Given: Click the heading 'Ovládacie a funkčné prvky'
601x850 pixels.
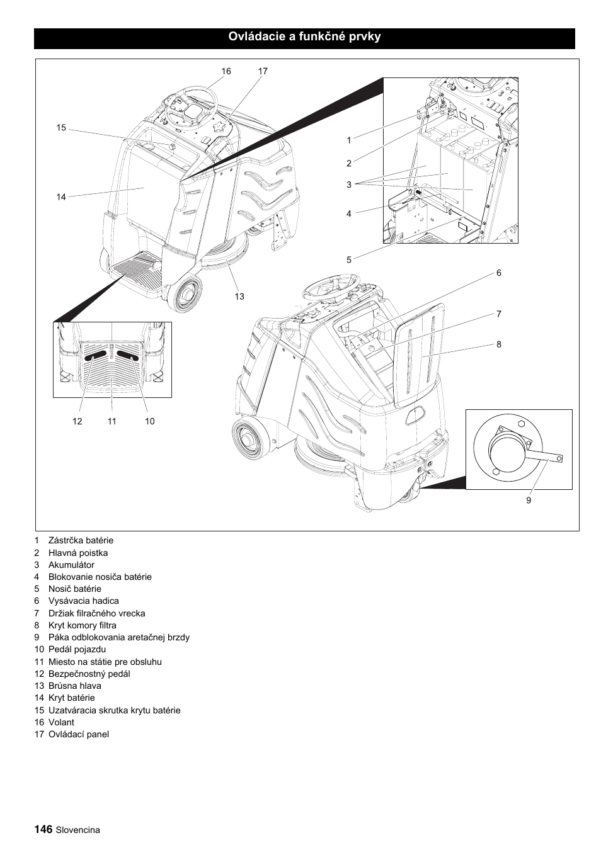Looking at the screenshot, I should click(x=304, y=37).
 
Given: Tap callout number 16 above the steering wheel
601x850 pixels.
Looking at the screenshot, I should click(x=226, y=71).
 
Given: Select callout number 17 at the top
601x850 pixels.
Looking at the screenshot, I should click(x=263, y=71).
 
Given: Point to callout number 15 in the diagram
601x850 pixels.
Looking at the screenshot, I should click(x=60, y=128).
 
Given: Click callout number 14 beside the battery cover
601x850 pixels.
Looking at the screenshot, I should click(x=60, y=197).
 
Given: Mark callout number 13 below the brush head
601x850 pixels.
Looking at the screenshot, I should click(x=239, y=297).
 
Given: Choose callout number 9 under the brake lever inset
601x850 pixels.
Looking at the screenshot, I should click(x=529, y=501).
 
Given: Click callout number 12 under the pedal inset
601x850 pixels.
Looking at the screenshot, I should click(x=77, y=421).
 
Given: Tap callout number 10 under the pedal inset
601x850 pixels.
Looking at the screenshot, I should click(x=149, y=421).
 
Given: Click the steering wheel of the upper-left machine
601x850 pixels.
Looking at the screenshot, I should click(x=190, y=110).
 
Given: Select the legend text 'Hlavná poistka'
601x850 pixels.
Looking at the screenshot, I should click(x=78, y=553).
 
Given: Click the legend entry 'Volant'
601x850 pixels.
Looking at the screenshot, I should click(x=61, y=722).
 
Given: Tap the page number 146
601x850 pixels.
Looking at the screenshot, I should click(x=43, y=829).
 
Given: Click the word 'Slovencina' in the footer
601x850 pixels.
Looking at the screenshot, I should click(x=77, y=830).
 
